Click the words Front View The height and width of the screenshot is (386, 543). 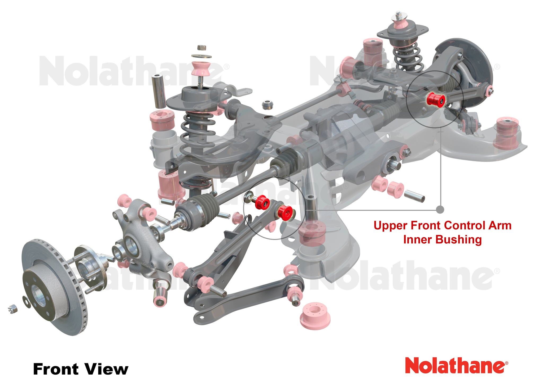click(81, 369)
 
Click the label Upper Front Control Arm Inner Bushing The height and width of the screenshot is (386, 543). click(443, 233)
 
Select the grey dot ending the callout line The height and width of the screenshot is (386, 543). click(440, 210)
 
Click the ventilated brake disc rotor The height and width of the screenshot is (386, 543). click(54, 287)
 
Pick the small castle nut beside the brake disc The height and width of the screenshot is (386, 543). click(13, 309)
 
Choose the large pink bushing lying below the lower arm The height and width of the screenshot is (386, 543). click(315, 316)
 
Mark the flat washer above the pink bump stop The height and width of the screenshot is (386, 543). click(202, 56)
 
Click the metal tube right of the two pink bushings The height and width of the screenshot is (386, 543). click(414, 196)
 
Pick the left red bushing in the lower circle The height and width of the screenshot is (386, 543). click(262, 202)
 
